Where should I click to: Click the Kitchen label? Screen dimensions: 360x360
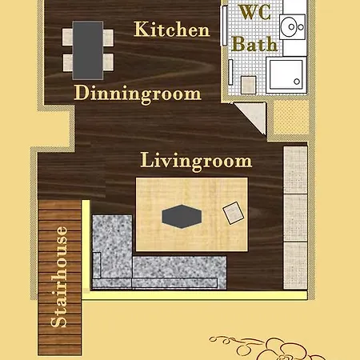pos(172,29)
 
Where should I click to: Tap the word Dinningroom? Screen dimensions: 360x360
pos(138,94)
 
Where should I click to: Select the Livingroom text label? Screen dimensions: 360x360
pos(196,161)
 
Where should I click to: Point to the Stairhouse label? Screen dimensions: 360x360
pos(58,277)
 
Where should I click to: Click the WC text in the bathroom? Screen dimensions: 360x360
pos(254,12)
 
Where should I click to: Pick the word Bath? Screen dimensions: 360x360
pos(254,44)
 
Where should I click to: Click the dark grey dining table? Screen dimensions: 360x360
pos(88,50)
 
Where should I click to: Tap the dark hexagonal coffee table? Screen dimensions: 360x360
pos(182,217)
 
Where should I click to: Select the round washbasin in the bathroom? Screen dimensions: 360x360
pos(292,26)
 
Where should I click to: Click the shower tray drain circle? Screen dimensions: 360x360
pos(297,82)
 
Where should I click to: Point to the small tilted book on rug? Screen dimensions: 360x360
pos(234,213)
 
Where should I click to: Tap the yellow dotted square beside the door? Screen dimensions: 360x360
pos(291,118)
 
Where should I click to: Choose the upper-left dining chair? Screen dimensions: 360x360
pos(67,37)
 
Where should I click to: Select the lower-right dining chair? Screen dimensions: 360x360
pos(109,62)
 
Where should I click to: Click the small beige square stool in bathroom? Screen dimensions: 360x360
pos(249,85)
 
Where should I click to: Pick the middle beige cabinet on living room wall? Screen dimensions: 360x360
pos(295,218)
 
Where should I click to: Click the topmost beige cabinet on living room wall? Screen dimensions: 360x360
pos(295,170)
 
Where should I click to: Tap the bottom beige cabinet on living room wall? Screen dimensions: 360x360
pos(295,266)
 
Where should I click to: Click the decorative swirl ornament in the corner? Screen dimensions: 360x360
pos(266,347)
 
